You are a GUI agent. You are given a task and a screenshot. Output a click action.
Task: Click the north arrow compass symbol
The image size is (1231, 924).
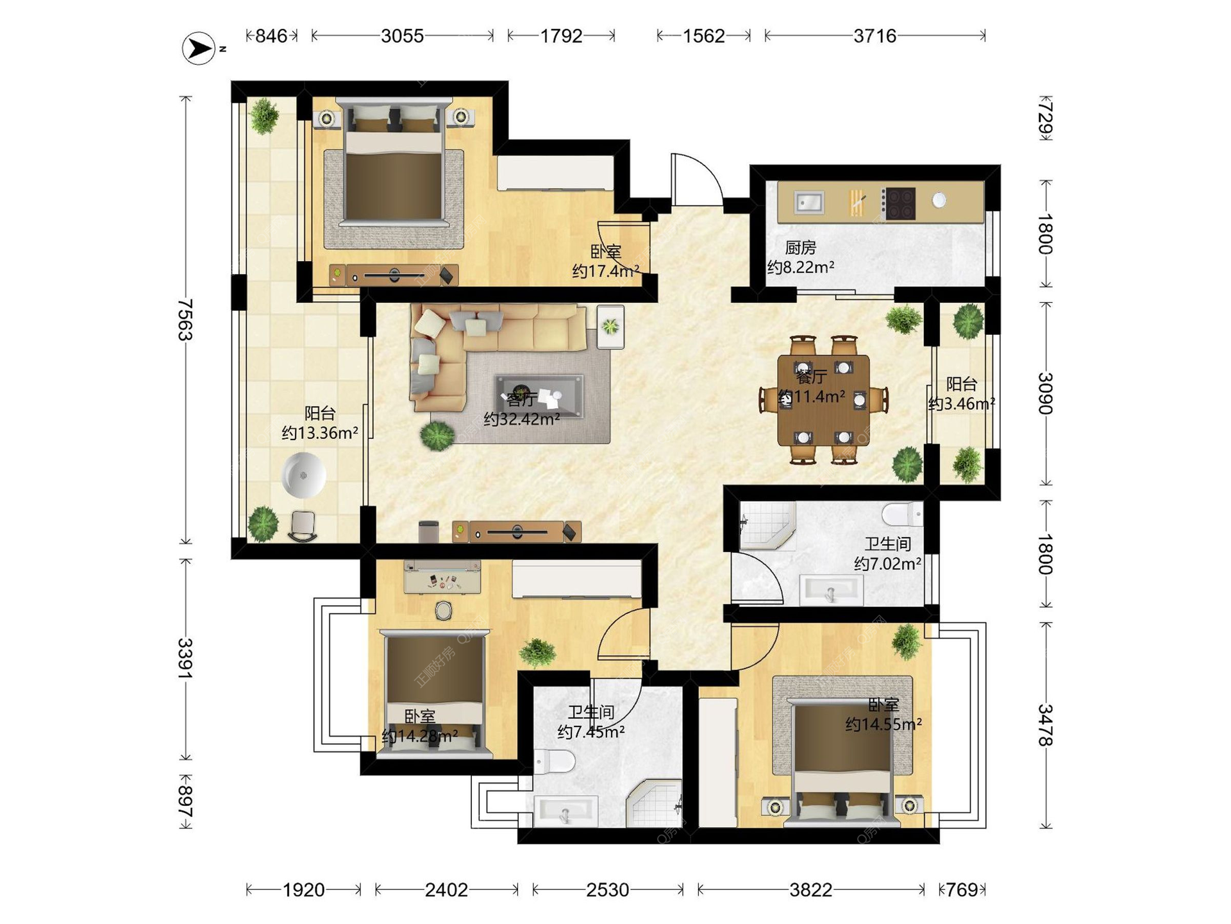pyautogui.click(x=199, y=48)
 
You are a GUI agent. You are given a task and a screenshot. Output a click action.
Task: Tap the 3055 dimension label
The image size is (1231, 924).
pyautogui.click(x=402, y=36)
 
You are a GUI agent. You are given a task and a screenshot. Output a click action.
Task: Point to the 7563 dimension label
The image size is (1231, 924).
pyautogui.click(x=185, y=320)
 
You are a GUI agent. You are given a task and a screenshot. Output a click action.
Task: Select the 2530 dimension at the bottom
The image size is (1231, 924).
pyautogui.click(x=607, y=890)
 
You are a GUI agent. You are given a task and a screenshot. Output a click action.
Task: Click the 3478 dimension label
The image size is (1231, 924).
pyautogui.click(x=1046, y=725)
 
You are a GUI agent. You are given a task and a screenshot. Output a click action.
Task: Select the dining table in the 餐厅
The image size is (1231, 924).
pyautogui.click(x=824, y=400)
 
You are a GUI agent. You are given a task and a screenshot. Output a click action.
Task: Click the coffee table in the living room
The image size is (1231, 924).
pyautogui.click(x=539, y=396)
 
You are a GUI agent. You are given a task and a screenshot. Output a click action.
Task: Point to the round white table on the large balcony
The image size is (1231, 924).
pyautogui.click(x=304, y=475)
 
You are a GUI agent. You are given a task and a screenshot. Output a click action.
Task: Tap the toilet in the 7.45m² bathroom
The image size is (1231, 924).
pyautogui.click(x=555, y=762)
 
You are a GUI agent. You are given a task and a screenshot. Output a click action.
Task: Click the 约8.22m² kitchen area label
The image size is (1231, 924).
pyautogui.click(x=801, y=267)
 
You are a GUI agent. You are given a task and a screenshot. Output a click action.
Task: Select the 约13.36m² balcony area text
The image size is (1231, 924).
pyautogui.click(x=319, y=433)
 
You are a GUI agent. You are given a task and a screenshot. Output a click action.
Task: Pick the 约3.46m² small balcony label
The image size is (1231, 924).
pyautogui.click(x=962, y=404)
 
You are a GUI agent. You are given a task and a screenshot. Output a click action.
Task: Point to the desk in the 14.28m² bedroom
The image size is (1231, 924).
pyautogui.click(x=442, y=578)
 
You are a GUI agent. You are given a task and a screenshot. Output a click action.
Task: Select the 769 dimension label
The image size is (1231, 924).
pyautogui.click(x=962, y=890)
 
